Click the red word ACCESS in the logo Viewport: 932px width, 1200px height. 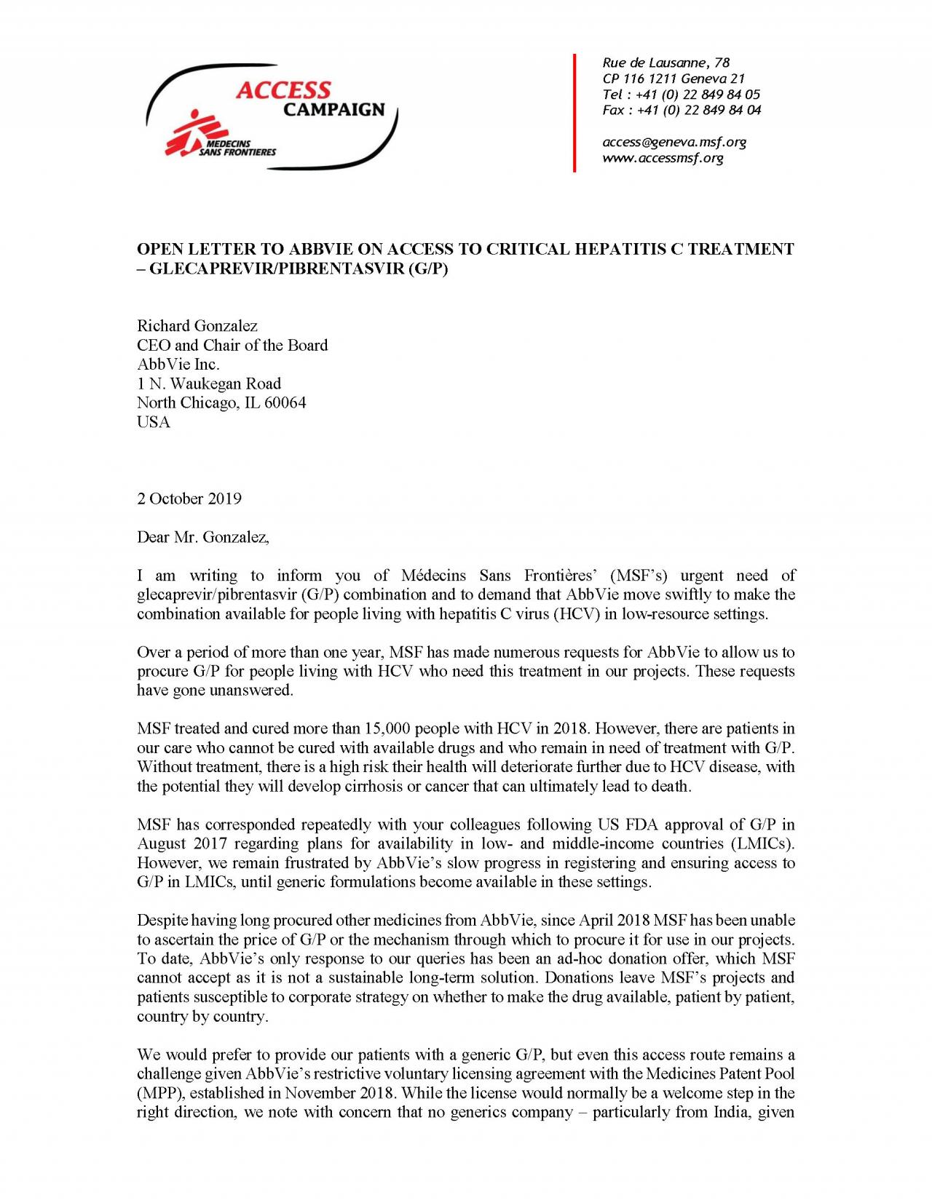[x=283, y=90]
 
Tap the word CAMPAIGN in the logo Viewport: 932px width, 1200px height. [x=333, y=110]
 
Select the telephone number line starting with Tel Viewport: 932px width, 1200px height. [x=681, y=95]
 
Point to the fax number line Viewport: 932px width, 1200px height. [x=682, y=111]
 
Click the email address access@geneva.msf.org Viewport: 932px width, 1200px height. [x=674, y=142]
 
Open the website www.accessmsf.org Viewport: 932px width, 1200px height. [x=663, y=158]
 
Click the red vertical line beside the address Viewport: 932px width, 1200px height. [x=574, y=113]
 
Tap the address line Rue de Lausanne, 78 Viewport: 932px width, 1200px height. [x=666, y=63]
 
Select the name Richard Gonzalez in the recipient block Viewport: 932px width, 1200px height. [x=197, y=326]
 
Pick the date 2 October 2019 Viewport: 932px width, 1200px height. [x=189, y=499]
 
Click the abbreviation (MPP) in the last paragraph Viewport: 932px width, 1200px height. [x=155, y=1094]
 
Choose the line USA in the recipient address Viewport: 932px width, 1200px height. [x=154, y=423]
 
